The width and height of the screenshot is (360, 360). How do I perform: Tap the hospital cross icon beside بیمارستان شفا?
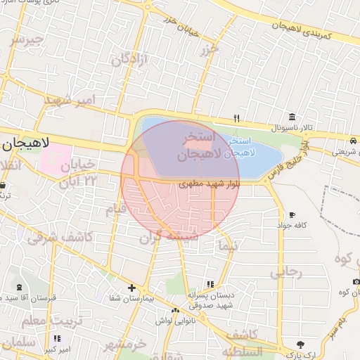click(132, 288)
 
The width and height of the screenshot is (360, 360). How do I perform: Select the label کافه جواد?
click(292, 226)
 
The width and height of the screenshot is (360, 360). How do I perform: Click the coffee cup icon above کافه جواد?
click(292, 215)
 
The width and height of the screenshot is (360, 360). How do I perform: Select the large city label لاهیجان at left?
click(25, 143)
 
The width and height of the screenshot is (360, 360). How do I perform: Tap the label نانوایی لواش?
click(174, 321)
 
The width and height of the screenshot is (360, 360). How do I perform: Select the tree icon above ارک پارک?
click(301, 344)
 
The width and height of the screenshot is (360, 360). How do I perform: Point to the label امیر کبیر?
click(57, 349)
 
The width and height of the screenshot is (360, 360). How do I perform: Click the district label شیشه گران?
click(167, 238)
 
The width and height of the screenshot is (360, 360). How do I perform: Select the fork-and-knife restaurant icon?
click(238, 118)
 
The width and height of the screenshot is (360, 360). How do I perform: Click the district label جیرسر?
click(26, 39)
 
